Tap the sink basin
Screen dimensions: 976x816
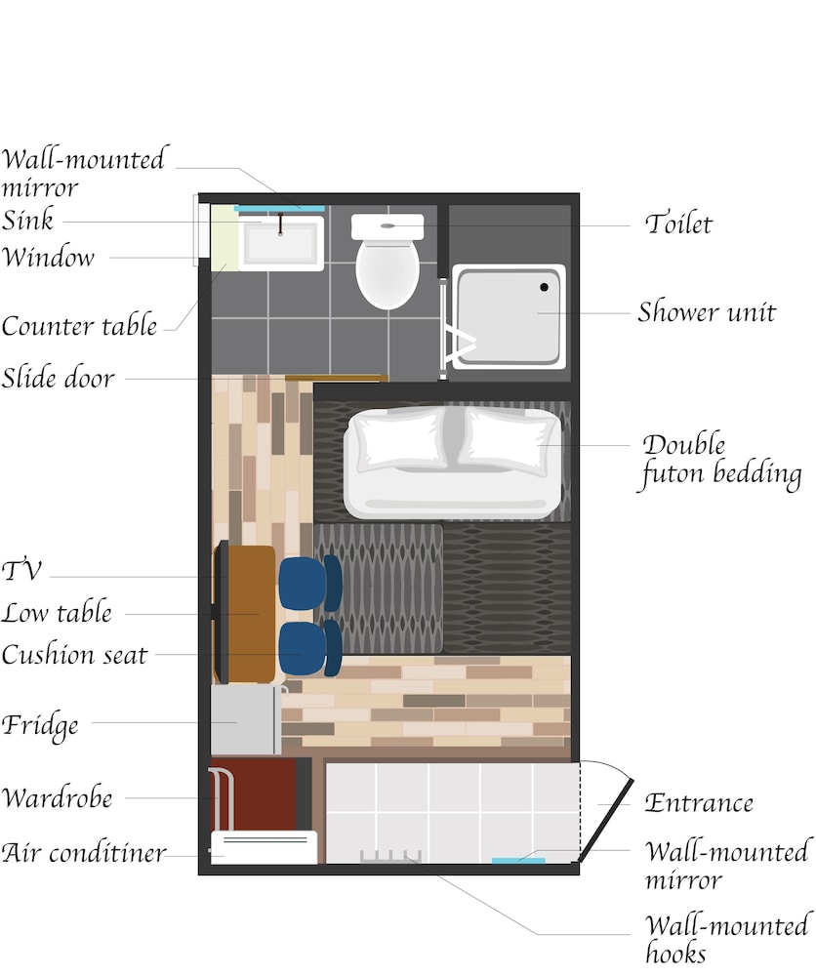282,244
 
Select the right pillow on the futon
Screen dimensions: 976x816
509,438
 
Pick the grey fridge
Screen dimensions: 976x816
245,720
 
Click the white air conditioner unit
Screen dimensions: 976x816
264,847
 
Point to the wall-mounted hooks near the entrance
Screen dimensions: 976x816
389,858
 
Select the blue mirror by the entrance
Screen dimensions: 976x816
517,860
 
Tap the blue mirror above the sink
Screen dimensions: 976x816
279,209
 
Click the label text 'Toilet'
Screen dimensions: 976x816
678,224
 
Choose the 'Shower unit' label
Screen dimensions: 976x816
707,312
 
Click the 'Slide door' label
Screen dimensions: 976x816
59,378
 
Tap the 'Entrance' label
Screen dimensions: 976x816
699,803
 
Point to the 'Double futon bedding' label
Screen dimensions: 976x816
720,461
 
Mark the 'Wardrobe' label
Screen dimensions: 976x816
58,797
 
